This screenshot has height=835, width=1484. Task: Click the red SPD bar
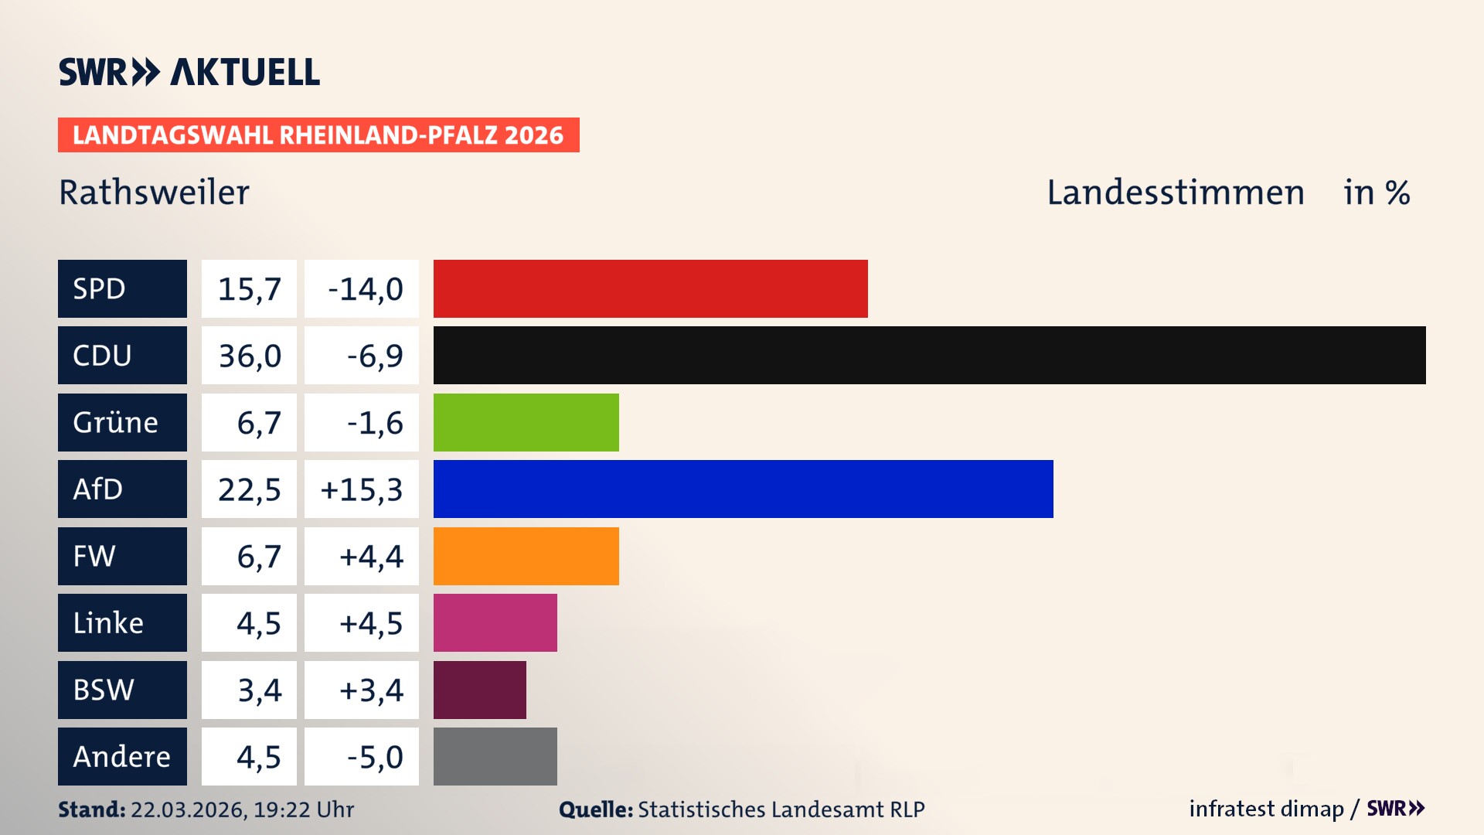click(x=650, y=288)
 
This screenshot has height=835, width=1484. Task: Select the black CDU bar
click(x=929, y=355)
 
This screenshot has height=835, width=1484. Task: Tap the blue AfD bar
click(x=743, y=489)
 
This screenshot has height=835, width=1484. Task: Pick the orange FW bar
click(x=526, y=556)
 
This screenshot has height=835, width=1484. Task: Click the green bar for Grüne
click(x=526, y=422)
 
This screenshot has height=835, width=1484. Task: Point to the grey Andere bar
click(x=495, y=756)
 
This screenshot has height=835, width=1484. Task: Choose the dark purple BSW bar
click(x=479, y=690)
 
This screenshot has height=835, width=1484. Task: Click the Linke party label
click(x=122, y=622)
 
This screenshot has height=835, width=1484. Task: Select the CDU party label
click(x=122, y=355)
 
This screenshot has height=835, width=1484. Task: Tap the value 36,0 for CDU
click(x=249, y=356)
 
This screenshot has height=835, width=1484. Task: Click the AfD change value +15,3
click(x=361, y=489)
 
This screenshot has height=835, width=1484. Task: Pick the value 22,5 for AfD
click(x=249, y=489)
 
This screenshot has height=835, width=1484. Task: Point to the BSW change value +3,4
click(x=371, y=690)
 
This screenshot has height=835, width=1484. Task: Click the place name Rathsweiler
click(x=154, y=193)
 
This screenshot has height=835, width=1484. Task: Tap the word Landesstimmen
click(x=1175, y=193)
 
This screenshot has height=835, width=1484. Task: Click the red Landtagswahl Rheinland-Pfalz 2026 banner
click(x=318, y=135)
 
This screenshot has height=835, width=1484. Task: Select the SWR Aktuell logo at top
click(x=189, y=72)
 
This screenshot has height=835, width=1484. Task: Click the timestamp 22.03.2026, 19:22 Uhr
click(x=242, y=809)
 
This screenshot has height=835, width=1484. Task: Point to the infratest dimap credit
click(x=1266, y=809)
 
